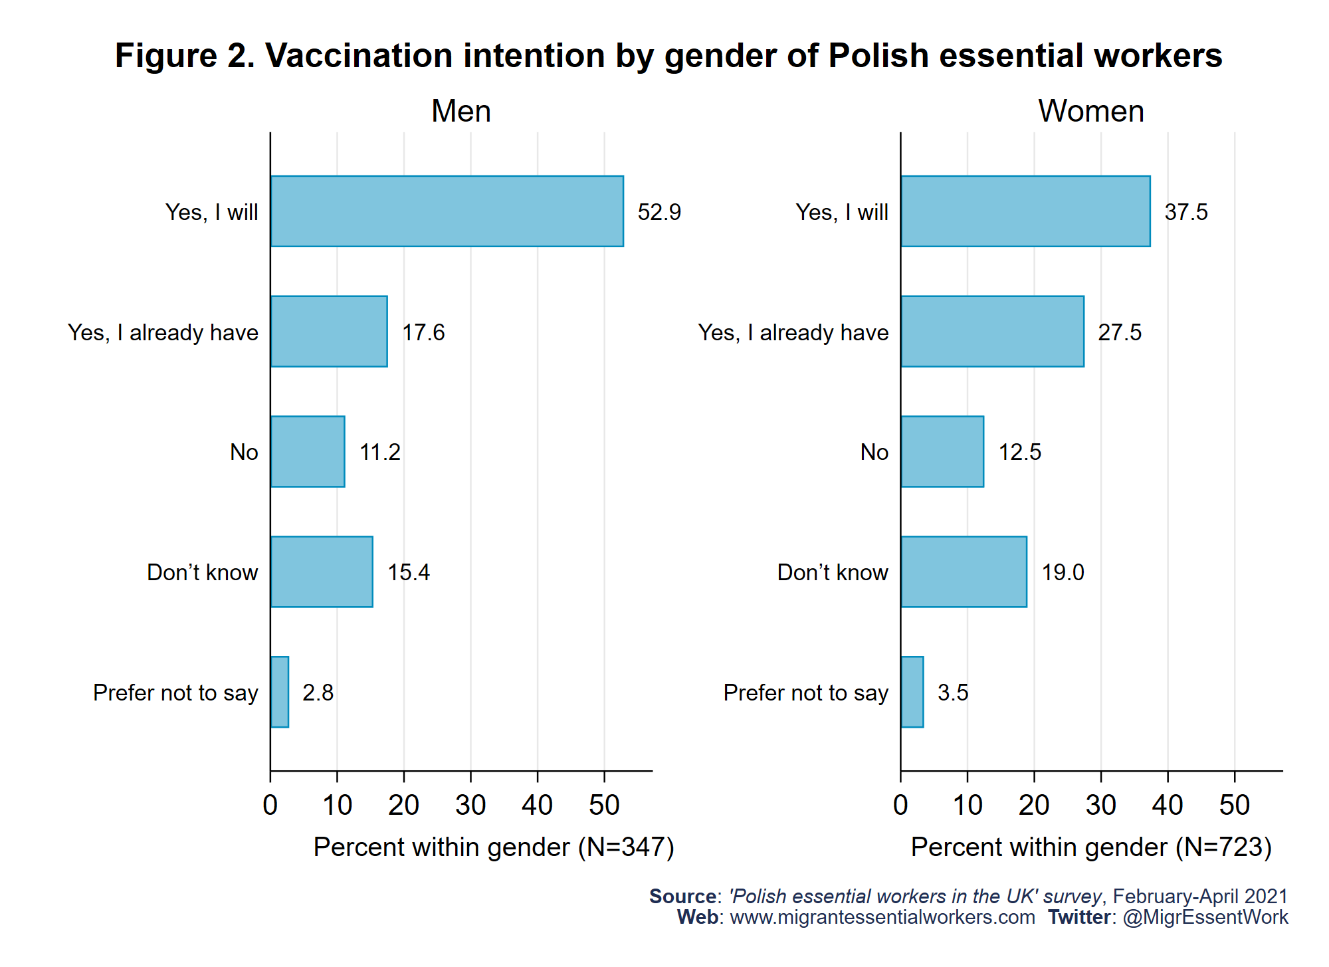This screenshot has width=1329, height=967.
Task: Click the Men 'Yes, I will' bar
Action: pos(447,211)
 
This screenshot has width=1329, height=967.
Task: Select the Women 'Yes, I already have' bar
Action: pos(992,332)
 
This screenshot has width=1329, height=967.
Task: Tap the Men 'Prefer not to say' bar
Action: pos(280,692)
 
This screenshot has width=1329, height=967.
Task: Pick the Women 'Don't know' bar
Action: pos(964,572)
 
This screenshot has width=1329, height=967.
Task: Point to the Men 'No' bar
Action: pos(308,452)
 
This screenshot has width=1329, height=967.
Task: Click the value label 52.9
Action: pos(659,212)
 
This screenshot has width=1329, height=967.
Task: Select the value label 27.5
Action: pos(1120,332)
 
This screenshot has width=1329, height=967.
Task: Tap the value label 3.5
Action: pos(953,693)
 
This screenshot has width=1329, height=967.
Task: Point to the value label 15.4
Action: pos(409,572)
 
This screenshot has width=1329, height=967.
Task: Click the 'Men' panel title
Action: pos(461,111)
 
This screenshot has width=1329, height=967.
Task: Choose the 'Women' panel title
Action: pos(1091,111)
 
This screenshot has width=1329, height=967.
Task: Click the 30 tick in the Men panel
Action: pos(470,806)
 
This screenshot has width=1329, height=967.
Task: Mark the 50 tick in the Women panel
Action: pos(1235,806)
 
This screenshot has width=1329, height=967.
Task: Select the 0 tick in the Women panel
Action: pos(900,806)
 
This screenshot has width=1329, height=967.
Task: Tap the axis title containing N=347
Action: pos(494,847)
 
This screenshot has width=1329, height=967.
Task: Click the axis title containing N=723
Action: pos(1091,847)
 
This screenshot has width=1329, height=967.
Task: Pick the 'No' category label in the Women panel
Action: pos(874,452)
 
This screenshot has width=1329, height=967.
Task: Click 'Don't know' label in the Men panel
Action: pos(202,572)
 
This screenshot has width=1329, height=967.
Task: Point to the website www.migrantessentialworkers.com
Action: pos(882,917)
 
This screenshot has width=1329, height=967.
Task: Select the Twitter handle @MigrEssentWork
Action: pos(1205,917)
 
